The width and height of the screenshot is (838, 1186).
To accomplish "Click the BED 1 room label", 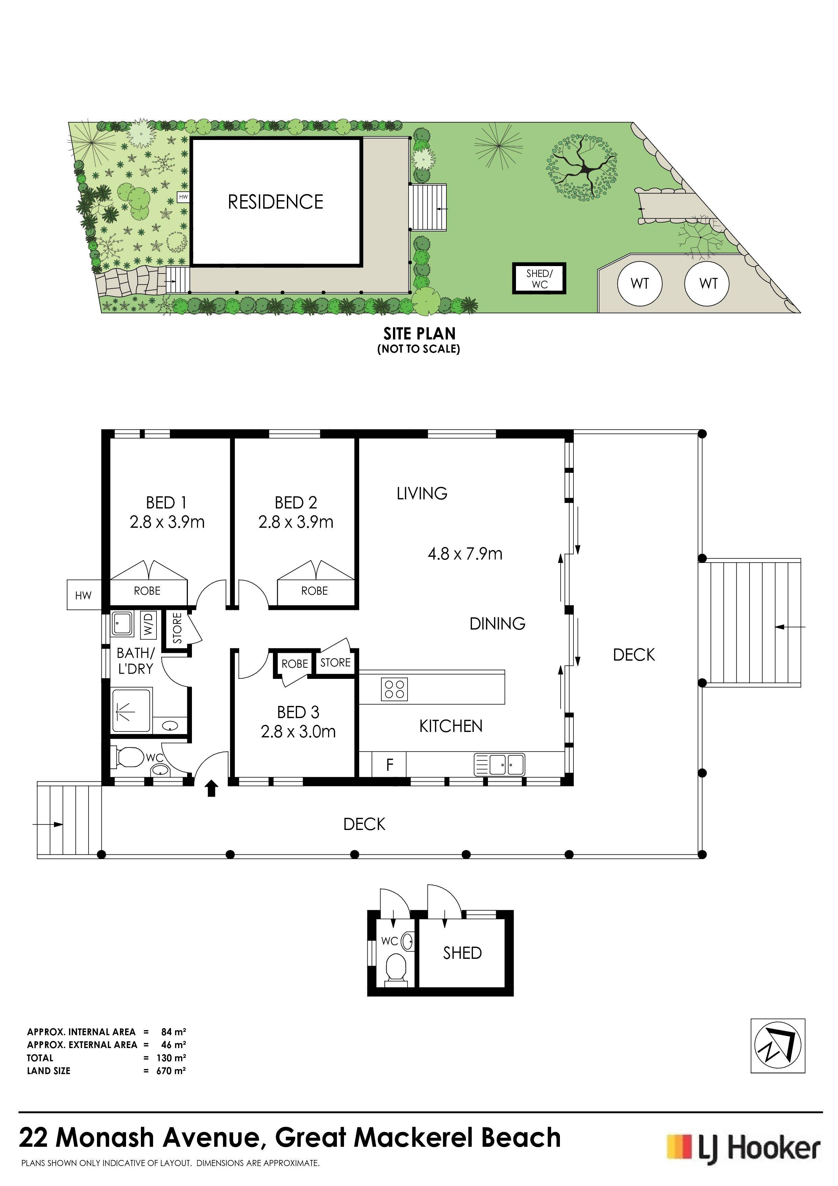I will point(166,502).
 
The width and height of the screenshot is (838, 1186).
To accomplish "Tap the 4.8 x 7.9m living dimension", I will point(465,554).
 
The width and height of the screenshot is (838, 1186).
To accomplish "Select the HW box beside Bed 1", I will point(83,595).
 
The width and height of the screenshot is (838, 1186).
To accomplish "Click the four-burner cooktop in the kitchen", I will point(394,689).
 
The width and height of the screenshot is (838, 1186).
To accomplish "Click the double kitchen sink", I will point(500,764).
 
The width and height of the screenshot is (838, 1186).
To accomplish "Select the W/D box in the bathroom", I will point(148,624).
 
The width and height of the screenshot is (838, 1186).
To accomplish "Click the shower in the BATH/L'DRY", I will point(132,710).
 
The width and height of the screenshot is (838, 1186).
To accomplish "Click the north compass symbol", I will point(778,1046).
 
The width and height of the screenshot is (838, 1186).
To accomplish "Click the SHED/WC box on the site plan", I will point(539,279).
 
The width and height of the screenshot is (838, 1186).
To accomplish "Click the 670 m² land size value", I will point(171,1071).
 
